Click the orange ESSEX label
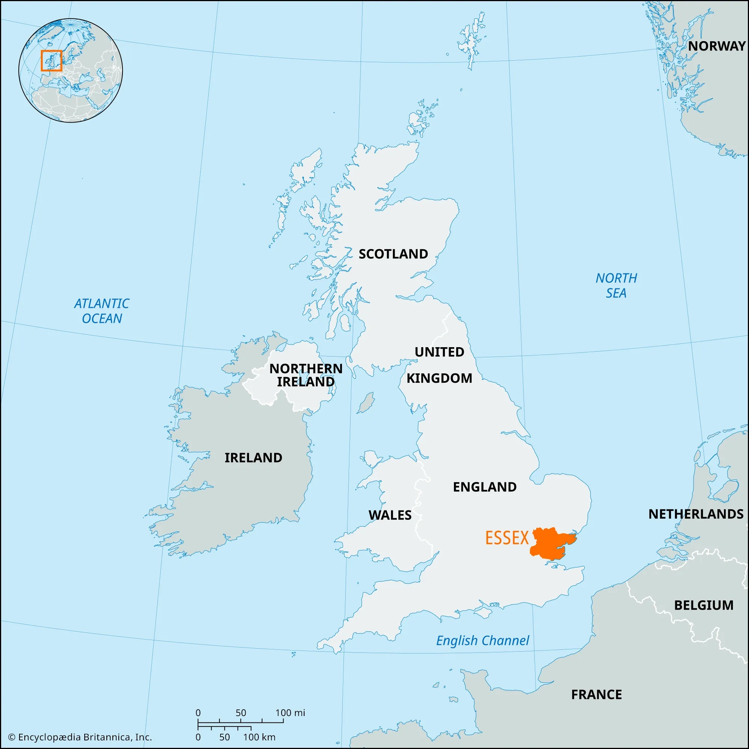507,538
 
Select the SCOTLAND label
393,254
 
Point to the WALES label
389,515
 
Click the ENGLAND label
485,486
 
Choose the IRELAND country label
253,458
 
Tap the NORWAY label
716,46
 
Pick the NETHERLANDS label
696,514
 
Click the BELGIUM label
704,605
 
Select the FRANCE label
596,694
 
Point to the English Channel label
482,640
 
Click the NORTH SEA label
616,285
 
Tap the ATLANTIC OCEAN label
101,311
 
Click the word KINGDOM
439,378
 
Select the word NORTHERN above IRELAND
306,368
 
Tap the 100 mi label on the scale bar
290,713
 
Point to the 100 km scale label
259,737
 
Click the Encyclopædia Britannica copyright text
80,737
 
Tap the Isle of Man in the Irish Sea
366,403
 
